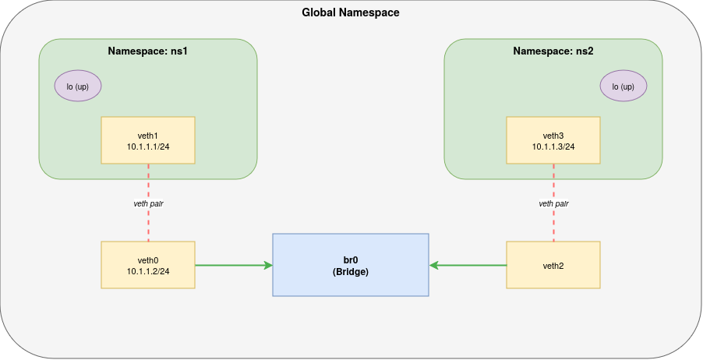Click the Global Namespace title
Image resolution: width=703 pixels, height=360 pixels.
pos(351,13)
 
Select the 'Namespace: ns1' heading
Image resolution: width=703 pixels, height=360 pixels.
pos(148,51)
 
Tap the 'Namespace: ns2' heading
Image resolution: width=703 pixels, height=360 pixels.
pos(553,51)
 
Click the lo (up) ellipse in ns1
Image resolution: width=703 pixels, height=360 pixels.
pos(78,86)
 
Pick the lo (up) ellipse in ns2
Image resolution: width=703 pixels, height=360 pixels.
pos(624,86)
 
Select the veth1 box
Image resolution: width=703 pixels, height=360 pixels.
pos(148,140)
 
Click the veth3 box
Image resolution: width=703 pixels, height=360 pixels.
pos(553,140)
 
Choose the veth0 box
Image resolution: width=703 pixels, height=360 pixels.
pos(148,265)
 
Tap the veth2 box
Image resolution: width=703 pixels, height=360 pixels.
pos(553,265)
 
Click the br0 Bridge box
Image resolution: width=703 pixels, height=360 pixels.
pos(351,265)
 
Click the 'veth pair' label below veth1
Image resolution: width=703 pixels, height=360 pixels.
pos(148,203)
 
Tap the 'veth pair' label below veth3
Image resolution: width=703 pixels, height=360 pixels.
pos(553,203)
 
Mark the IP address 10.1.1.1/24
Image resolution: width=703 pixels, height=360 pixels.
pos(148,146)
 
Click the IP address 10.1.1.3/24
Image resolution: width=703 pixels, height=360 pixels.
pos(553,146)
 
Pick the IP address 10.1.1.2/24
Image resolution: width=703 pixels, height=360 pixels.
pos(148,271)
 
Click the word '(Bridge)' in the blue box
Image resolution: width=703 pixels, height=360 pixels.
pos(351,272)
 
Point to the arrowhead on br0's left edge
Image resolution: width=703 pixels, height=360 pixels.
pos(267,265)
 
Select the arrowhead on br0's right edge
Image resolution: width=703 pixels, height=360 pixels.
pos(434,265)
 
